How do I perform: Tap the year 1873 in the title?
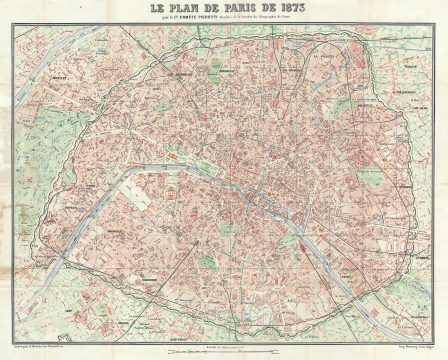284,11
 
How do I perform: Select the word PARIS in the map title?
238,11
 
